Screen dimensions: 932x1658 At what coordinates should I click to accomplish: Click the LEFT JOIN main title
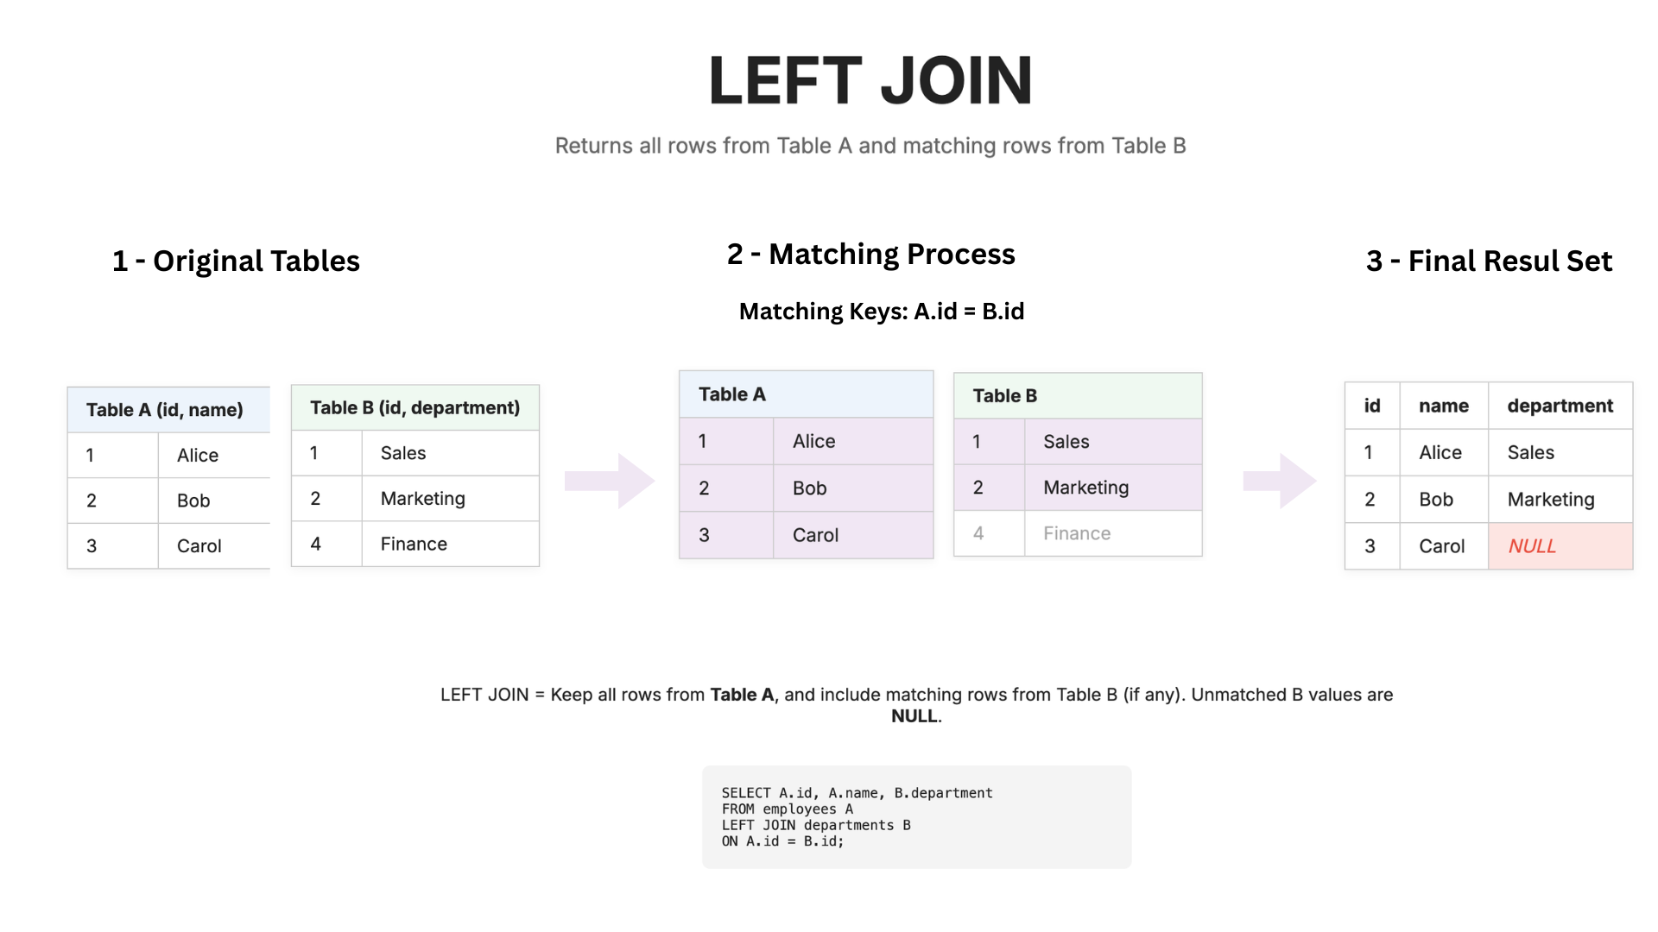(870, 80)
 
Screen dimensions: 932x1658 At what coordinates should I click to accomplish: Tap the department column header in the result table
(1560, 406)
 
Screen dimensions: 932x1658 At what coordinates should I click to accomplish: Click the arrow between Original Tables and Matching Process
(610, 481)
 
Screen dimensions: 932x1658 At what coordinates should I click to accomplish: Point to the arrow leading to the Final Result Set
(1280, 481)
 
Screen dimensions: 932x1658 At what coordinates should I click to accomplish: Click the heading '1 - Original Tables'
(236, 261)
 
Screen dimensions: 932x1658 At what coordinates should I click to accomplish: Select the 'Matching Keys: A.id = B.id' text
(881, 311)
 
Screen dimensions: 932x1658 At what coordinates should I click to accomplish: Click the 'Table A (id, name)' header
(165, 410)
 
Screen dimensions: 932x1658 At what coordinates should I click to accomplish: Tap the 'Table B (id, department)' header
(414, 407)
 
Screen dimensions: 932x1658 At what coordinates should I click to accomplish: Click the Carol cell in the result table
(1442, 546)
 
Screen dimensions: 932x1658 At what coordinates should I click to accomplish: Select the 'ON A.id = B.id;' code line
(782, 841)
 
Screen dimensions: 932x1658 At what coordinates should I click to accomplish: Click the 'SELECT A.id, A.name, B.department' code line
(857, 793)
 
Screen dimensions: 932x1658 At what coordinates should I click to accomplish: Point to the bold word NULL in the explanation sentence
(914, 716)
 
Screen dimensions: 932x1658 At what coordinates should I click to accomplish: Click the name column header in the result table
(1443, 406)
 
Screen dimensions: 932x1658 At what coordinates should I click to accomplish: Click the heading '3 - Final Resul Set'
(1489, 261)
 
